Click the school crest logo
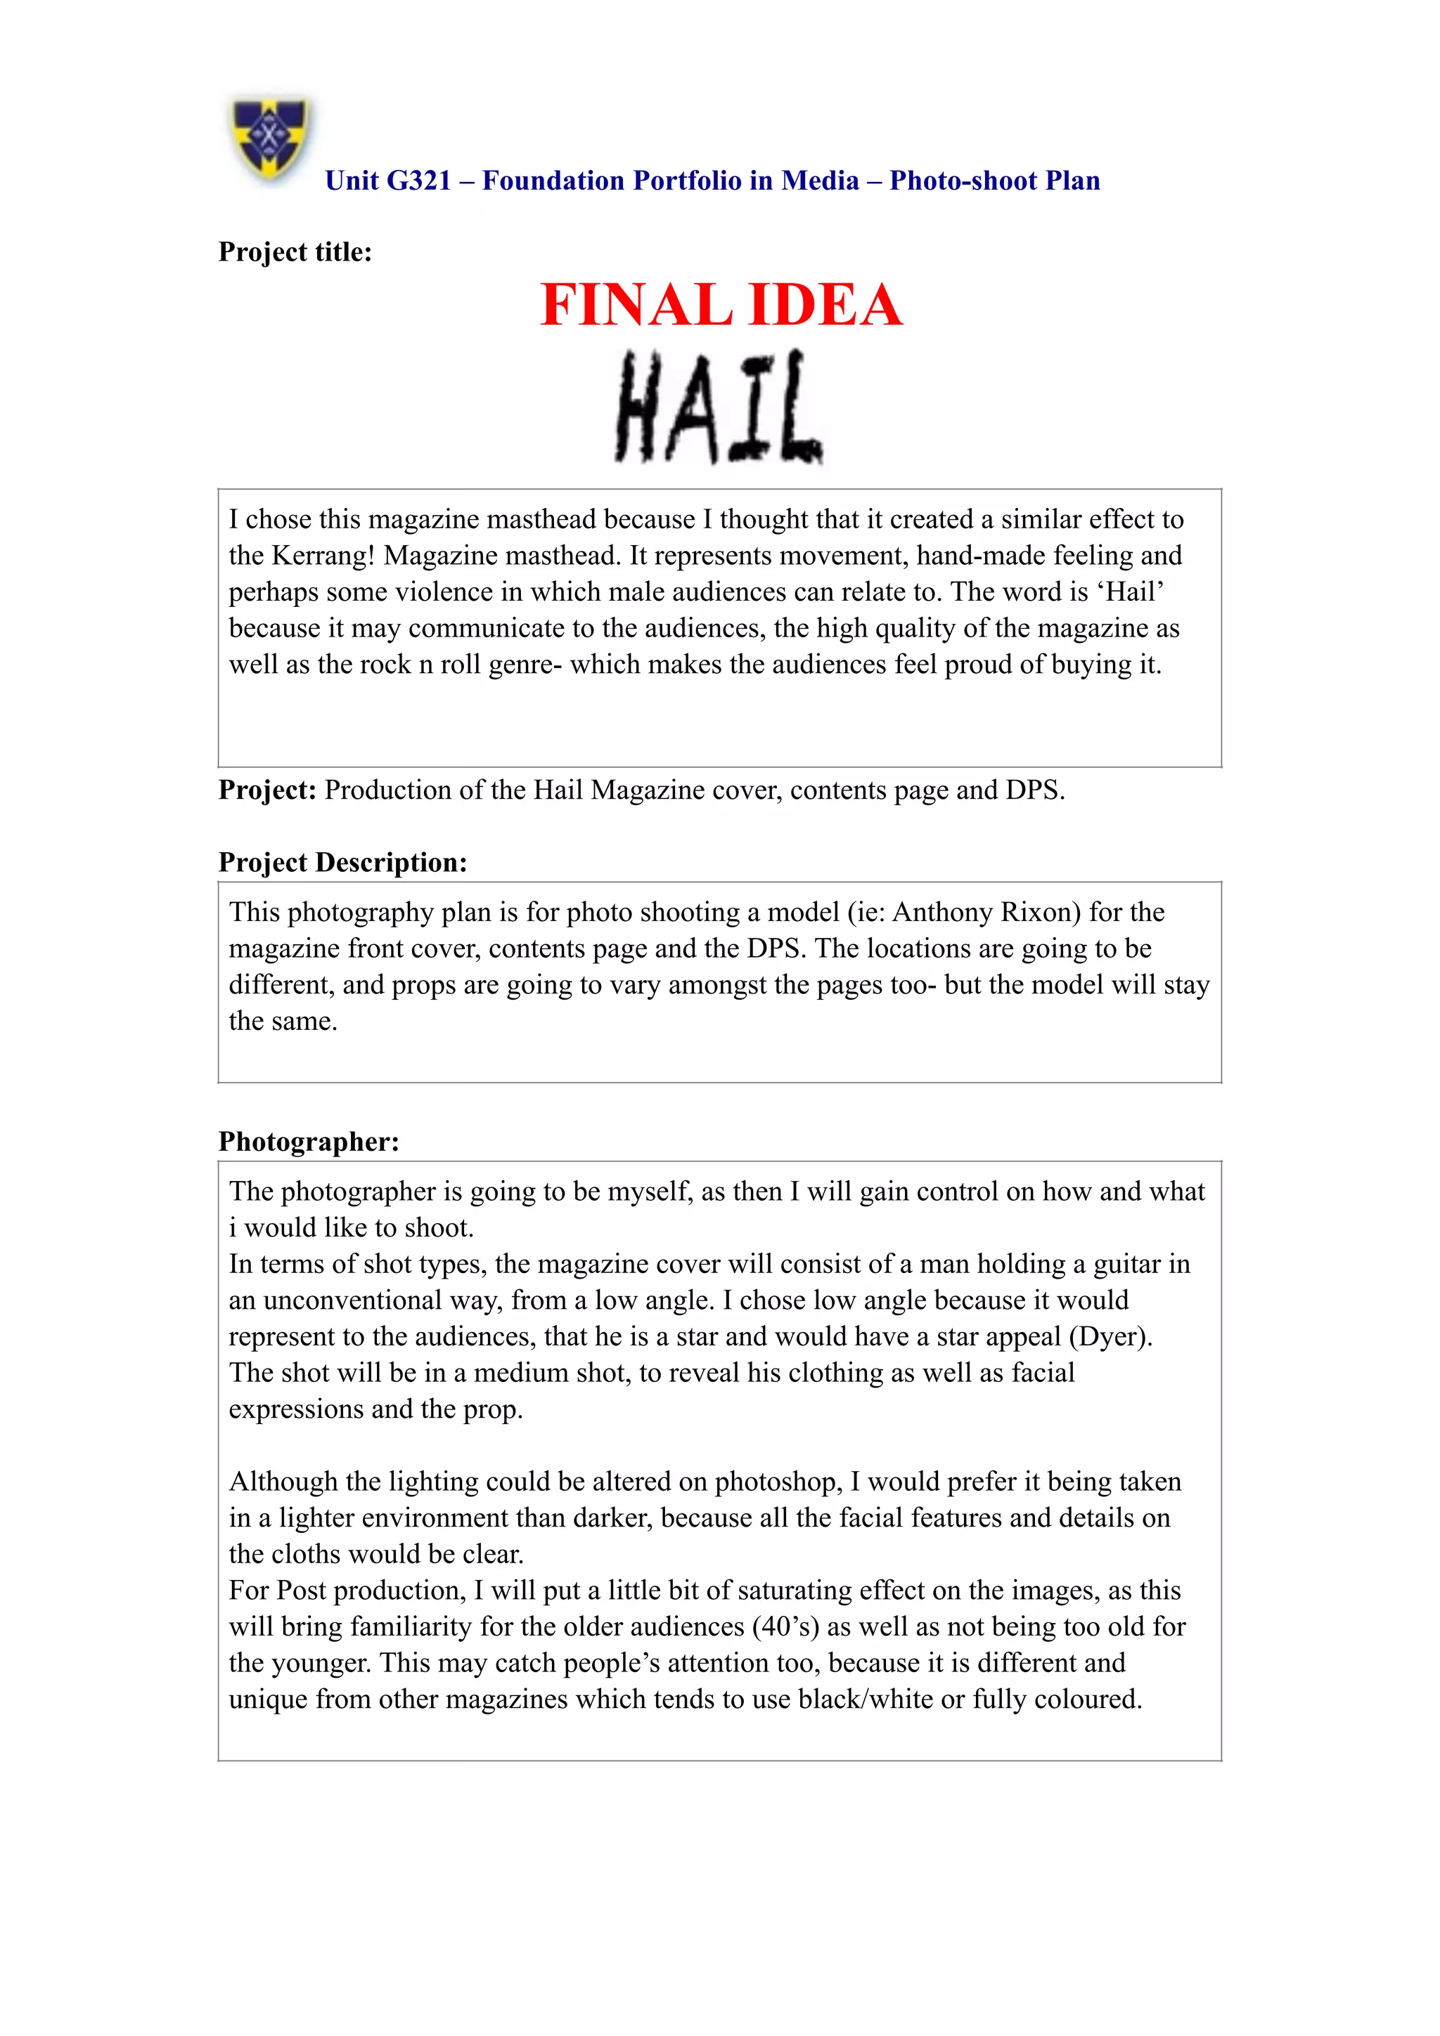click(270, 139)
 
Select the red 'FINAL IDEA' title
click(721, 305)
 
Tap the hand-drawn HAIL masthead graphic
click(719, 407)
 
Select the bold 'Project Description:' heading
click(342, 862)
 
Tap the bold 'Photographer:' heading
click(309, 1141)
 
